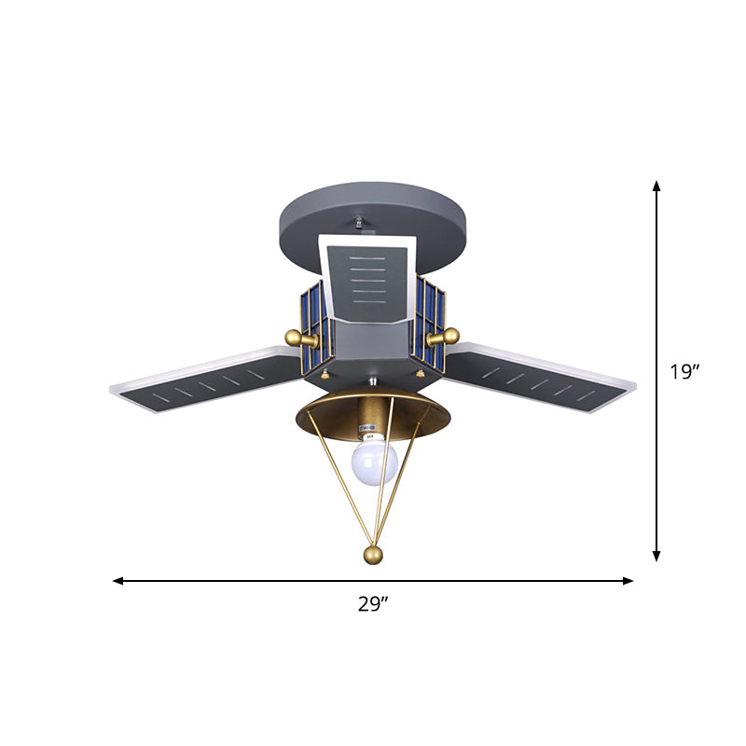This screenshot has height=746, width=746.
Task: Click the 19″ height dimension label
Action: pos(684,372)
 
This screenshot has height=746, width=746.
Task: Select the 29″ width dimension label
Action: pos(373,604)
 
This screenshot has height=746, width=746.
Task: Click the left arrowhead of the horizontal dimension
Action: pos(118,581)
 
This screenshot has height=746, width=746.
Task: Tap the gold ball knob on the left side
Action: pos(293,337)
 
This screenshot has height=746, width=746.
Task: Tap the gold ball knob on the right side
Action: pos(450,337)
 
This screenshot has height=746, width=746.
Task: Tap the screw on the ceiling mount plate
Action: pos(360,224)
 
